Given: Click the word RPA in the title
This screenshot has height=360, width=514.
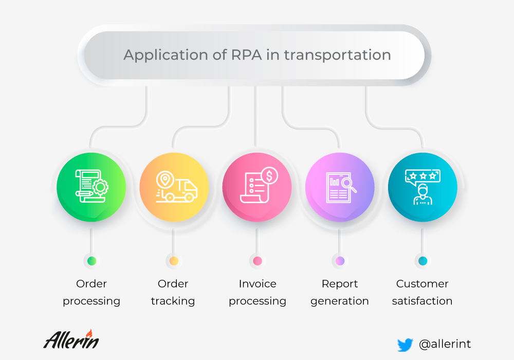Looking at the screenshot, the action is click(247, 55).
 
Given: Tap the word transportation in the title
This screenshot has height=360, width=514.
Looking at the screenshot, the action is click(337, 55).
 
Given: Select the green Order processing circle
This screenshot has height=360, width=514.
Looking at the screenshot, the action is click(91, 187).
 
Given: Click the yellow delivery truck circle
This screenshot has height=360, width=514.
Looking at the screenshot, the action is click(174, 187).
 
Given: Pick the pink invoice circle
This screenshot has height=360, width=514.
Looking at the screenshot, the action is click(257, 187).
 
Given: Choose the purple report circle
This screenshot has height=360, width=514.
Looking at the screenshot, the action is click(340, 187).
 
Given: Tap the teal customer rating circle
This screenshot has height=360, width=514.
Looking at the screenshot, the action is click(423, 187).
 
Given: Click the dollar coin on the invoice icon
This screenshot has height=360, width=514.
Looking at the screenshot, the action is click(269, 176).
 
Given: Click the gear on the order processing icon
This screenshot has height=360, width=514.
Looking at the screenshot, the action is click(100, 187).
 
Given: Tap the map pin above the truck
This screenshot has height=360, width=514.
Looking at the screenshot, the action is click(165, 179).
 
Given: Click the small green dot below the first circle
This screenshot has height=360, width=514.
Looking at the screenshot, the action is click(92, 261).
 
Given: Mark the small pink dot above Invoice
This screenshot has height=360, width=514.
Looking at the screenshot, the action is click(258, 261).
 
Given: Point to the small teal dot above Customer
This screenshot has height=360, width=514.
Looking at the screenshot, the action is click(423, 261).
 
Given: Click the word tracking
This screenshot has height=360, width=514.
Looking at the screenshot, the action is click(173, 301).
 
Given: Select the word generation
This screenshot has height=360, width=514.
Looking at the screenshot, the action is click(340, 301).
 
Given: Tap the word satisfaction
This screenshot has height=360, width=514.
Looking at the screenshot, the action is click(422, 301).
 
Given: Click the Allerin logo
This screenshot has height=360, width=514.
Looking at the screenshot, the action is click(71, 339).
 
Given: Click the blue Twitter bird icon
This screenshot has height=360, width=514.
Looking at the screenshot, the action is click(405, 345).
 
